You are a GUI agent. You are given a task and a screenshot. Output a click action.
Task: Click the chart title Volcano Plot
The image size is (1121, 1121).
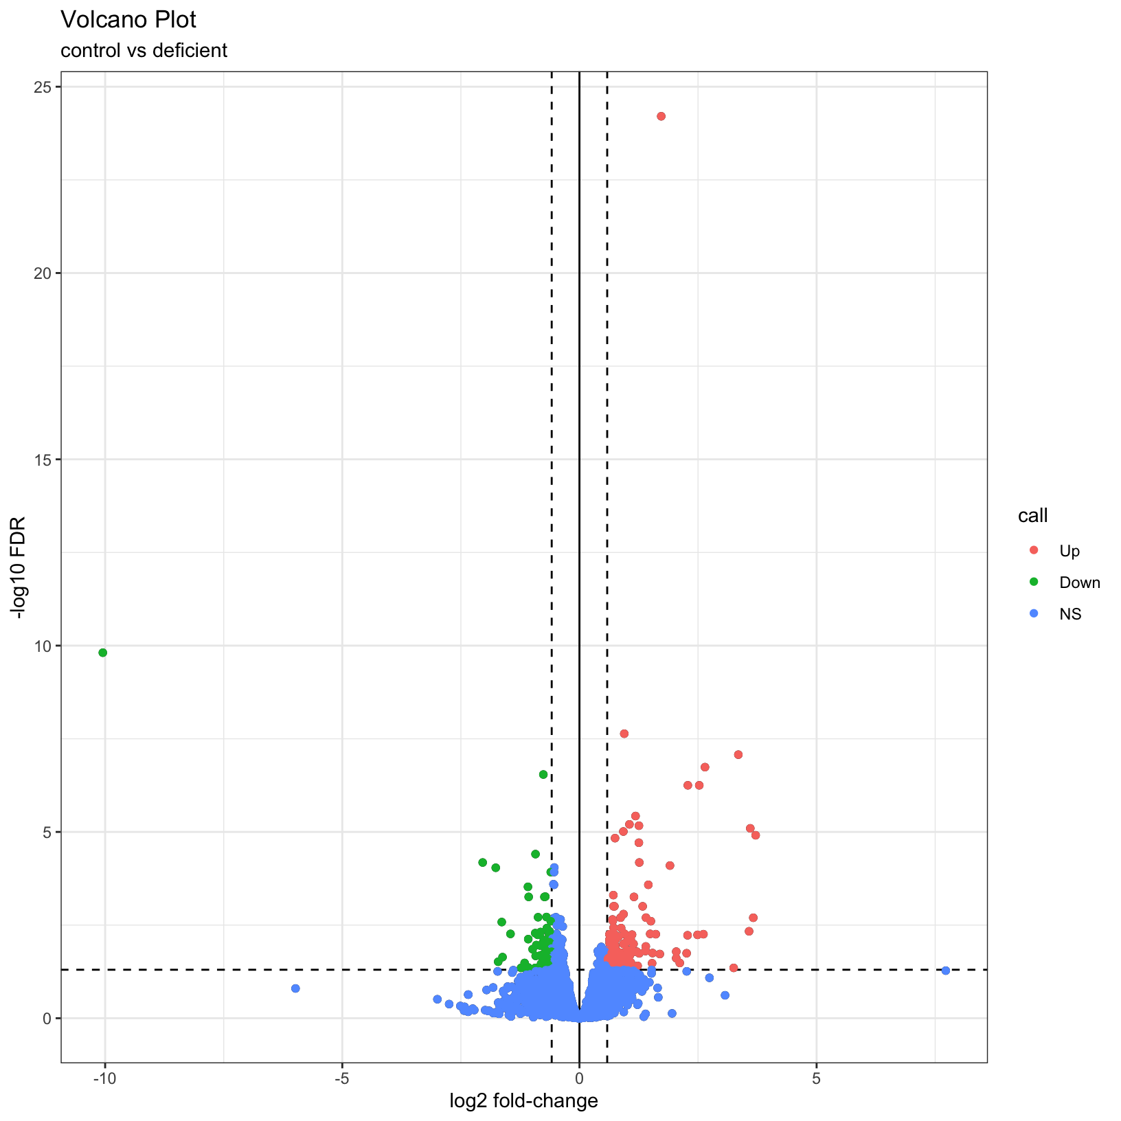tap(128, 21)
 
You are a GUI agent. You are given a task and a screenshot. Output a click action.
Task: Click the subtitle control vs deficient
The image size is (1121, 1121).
tap(144, 51)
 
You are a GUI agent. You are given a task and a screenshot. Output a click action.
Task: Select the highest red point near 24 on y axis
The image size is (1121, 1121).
tap(661, 116)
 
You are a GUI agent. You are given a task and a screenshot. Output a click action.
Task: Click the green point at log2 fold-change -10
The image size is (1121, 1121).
tap(103, 653)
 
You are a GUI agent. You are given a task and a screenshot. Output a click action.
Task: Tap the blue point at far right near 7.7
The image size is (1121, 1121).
tap(946, 971)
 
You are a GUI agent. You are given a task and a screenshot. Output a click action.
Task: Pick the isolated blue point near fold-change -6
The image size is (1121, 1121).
tap(295, 988)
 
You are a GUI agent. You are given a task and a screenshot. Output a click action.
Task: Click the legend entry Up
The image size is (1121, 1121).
tap(1069, 552)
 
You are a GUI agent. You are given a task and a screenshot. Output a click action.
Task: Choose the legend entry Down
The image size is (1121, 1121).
tap(1079, 583)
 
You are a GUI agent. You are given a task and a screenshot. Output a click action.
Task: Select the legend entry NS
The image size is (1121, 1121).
tap(1070, 615)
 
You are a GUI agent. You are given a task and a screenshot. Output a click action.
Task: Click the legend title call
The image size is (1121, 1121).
tap(1032, 516)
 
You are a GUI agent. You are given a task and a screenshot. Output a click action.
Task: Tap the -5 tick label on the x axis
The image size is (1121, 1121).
tap(342, 1079)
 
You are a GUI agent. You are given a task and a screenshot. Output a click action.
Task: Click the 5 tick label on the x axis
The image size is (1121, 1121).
tap(816, 1079)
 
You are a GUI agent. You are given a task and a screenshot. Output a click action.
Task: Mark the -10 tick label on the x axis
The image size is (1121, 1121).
tap(104, 1079)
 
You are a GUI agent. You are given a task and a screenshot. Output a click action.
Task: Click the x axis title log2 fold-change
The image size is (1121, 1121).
tap(523, 1102)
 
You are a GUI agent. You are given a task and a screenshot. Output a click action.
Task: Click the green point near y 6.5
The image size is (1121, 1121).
tap(543, 775)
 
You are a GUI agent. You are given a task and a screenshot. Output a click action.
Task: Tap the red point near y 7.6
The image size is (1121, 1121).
tap(624, 734)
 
